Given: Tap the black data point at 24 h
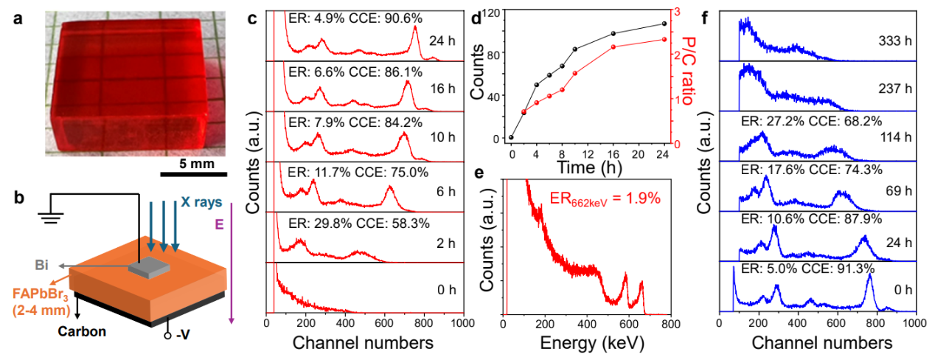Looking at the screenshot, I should (664, 24).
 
